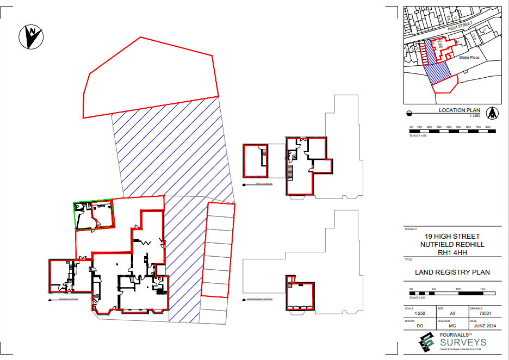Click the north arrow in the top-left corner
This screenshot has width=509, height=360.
coord(32,36)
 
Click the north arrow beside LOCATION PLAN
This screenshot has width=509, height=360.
coord(493,113)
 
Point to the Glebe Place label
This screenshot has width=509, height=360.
coord(469,57)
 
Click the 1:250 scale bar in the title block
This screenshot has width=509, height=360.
coord(452,293)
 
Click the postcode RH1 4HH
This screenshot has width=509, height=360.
coord(452,252)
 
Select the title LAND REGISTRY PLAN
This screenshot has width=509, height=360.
coord(452,272)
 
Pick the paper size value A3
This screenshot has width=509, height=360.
coord(452,314)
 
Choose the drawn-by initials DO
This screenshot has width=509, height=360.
coord(420,326)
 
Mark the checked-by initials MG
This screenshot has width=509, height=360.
coord(452,326)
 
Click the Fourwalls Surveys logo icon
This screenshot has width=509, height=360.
coord(426,342)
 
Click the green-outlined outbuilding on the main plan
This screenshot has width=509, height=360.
coord(94,215)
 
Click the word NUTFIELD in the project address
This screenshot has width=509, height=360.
coord(435,245)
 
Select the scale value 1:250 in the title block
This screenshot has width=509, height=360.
coord(420,314)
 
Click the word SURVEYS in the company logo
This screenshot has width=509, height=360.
coord(463,343)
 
